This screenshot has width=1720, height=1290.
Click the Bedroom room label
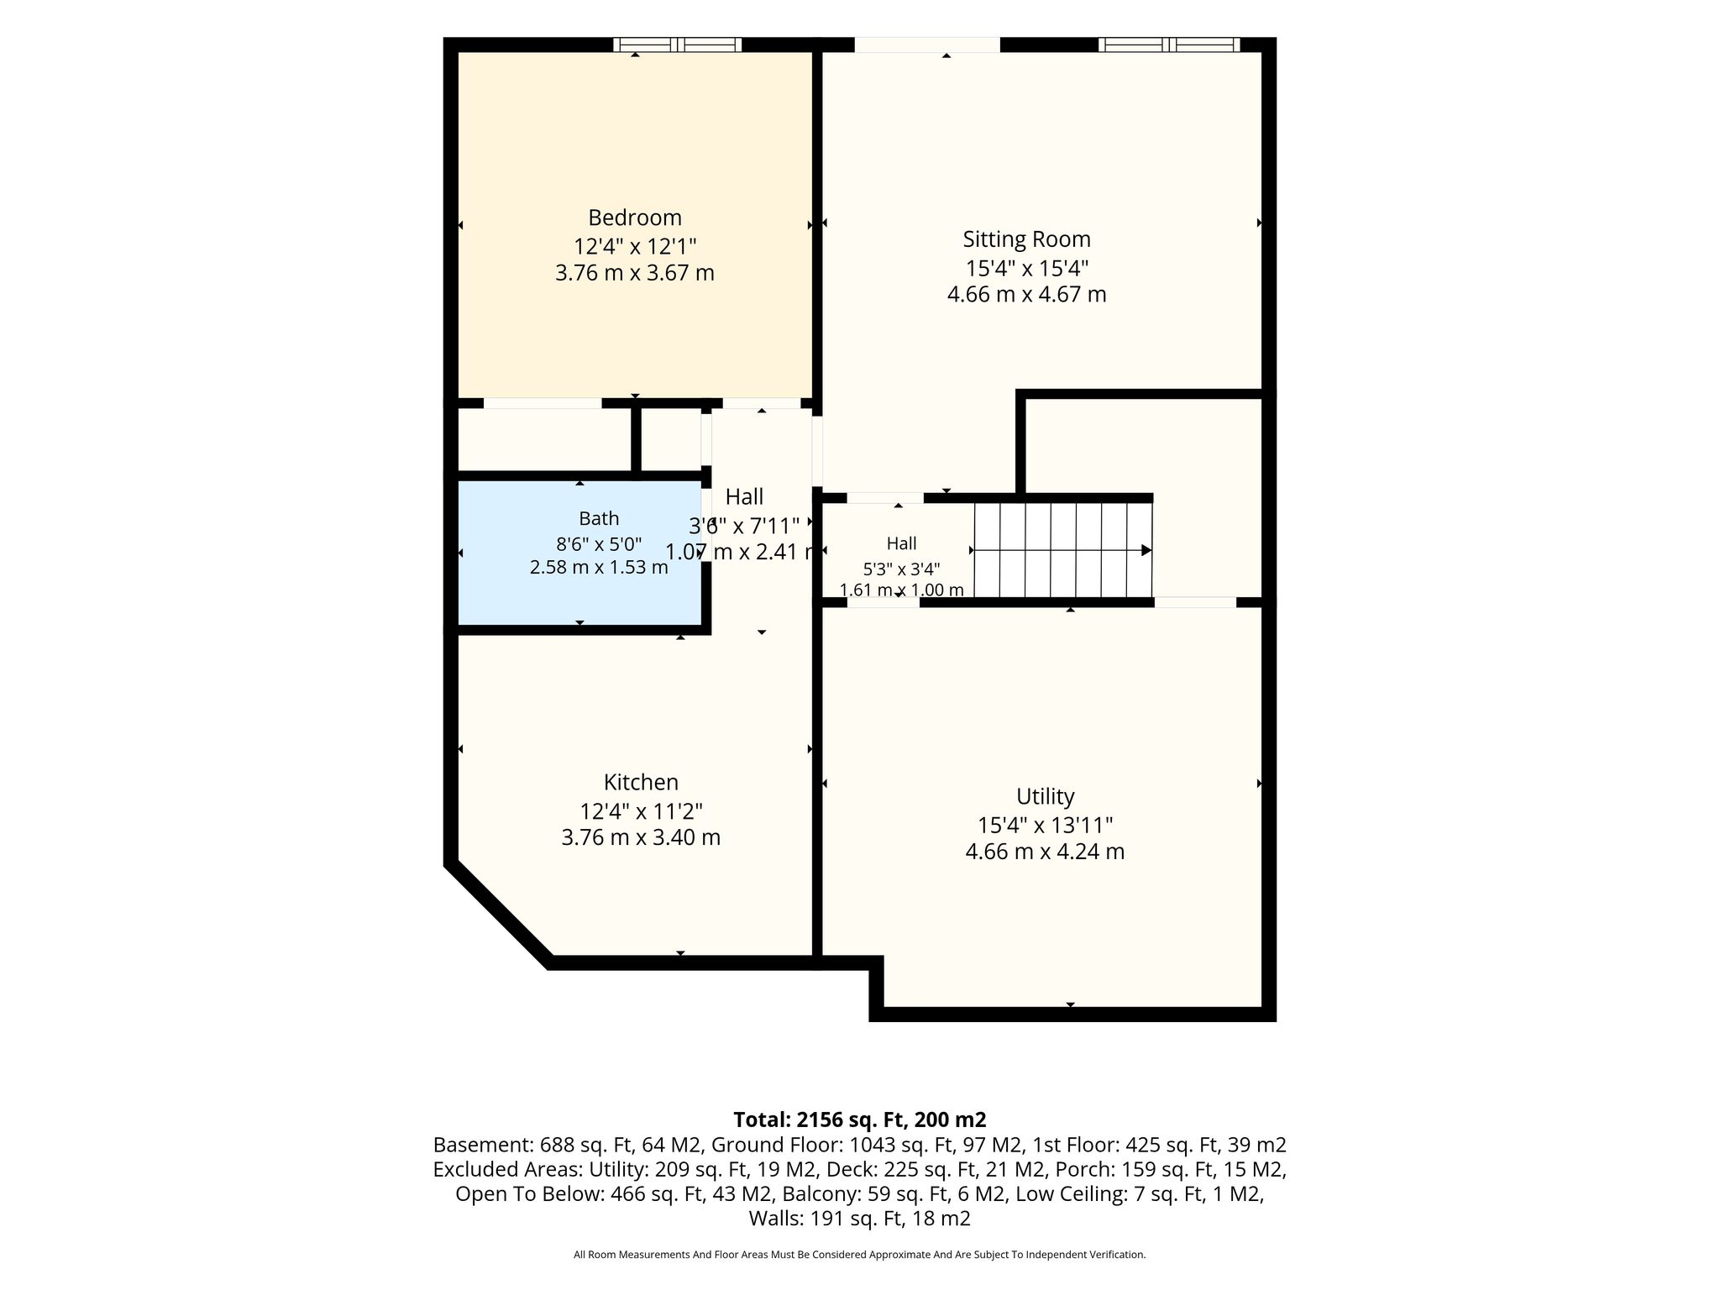(x=634, y=218)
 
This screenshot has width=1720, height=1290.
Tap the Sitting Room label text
(x=1026, y=239)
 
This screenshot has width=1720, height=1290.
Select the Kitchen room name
(x=641, y=782)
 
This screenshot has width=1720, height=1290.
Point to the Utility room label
(x=1045, y=796)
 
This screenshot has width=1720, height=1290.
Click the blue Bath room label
(x=599, y=518)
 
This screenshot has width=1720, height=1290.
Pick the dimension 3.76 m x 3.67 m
(x=634, y=273)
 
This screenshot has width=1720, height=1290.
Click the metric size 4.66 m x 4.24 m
(x=1045, y=852)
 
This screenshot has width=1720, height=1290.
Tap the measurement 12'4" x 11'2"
(x=641, y=811)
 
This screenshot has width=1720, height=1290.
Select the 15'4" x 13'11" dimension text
(x=1045, y=826)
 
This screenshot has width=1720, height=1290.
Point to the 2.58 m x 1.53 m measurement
(x=599, y=567)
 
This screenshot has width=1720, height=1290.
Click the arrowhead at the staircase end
(x=1146, y=550)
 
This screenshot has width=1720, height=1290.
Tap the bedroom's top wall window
(x=677, y=45)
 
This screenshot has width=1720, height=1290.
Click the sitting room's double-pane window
(x=1168, y=45)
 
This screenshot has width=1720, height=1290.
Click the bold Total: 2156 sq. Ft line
(x=860, y=1120)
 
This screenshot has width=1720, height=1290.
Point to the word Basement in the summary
(x=479, y=1145)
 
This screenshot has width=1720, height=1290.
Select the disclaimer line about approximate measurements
(x=860, y=1255)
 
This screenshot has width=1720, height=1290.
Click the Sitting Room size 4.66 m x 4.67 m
(x=1026, y=295)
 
